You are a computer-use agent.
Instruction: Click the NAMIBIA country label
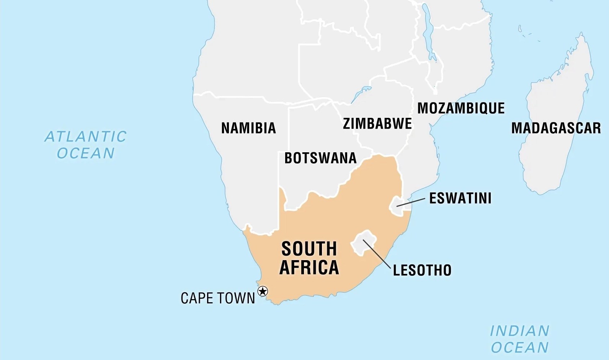click(x=248, y=128)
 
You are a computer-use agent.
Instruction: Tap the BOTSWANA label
click(x=320, y=158)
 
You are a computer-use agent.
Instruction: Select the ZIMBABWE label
click(x=377, y=124)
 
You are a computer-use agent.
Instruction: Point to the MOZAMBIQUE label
click(x=461, y=108)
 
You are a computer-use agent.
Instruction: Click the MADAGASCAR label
click(x=556, y=128)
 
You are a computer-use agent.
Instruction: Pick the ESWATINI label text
click(x=460, y=198)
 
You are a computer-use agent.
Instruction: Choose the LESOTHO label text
click(x=422, y=270)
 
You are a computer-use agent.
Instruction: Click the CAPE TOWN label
click(x=218, y=298)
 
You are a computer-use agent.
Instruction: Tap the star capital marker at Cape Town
click(x=263, y=292)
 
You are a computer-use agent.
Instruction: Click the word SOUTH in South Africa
click(x=309, y=249)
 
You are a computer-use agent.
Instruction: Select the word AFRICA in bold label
click(x=309, y=267)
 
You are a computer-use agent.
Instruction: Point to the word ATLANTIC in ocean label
click(x=86, y=137)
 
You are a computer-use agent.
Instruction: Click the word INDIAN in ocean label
click(x=520, y=331)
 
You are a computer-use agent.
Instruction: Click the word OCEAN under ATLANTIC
click(x=86, y=153)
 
